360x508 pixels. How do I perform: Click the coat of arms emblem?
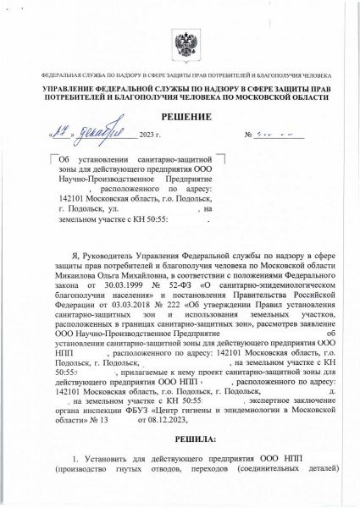[x=180, y=41]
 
